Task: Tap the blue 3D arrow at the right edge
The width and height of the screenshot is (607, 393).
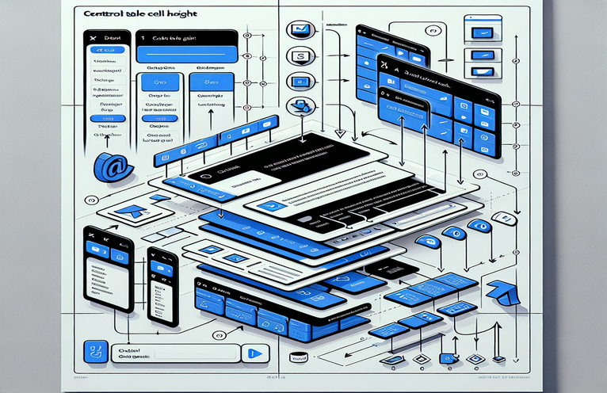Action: tap(500, 291)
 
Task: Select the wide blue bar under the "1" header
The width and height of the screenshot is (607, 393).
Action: tap(188, 55)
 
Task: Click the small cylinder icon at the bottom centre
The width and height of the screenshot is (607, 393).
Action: tap(299, 357)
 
